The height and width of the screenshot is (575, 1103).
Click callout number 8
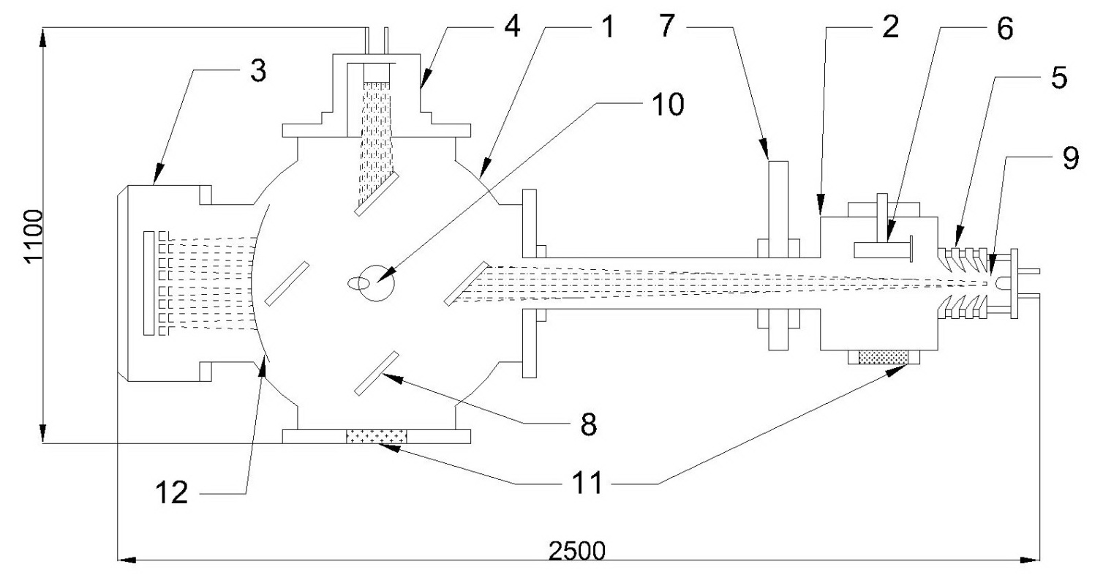tap(586, 423)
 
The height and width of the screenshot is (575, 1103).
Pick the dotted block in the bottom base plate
tap(377, 437)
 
